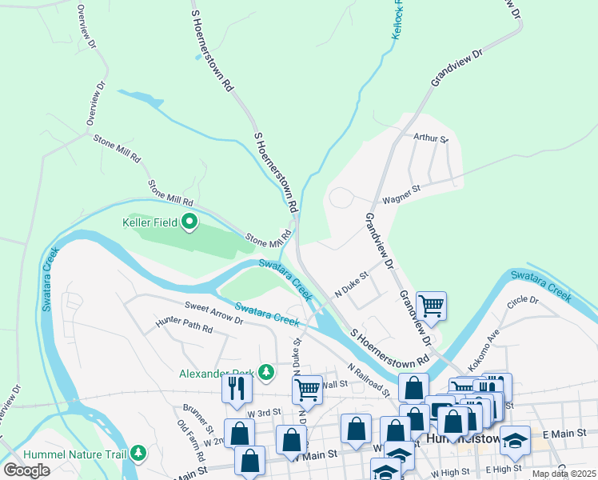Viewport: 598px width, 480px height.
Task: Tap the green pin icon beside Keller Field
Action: pos(189,222)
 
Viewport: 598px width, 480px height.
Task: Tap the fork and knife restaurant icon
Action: pos(237,388)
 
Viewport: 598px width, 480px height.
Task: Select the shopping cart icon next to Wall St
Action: pos(307,390)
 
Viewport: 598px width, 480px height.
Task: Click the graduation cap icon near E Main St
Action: pos(516,439)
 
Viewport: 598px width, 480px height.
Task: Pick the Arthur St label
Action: pos(432,138)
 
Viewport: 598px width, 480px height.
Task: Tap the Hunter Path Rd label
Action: pos(184,328)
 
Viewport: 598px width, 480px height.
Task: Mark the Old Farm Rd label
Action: pos(193,436)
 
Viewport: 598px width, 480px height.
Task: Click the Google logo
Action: pos(27,470)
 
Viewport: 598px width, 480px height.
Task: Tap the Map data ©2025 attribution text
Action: pos(564,474)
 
